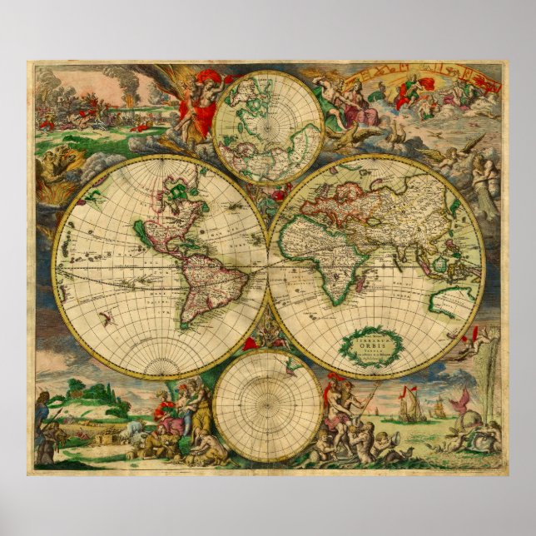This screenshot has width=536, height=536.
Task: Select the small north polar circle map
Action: tap(267, 127)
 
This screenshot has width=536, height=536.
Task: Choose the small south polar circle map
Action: tap(267, 405)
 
